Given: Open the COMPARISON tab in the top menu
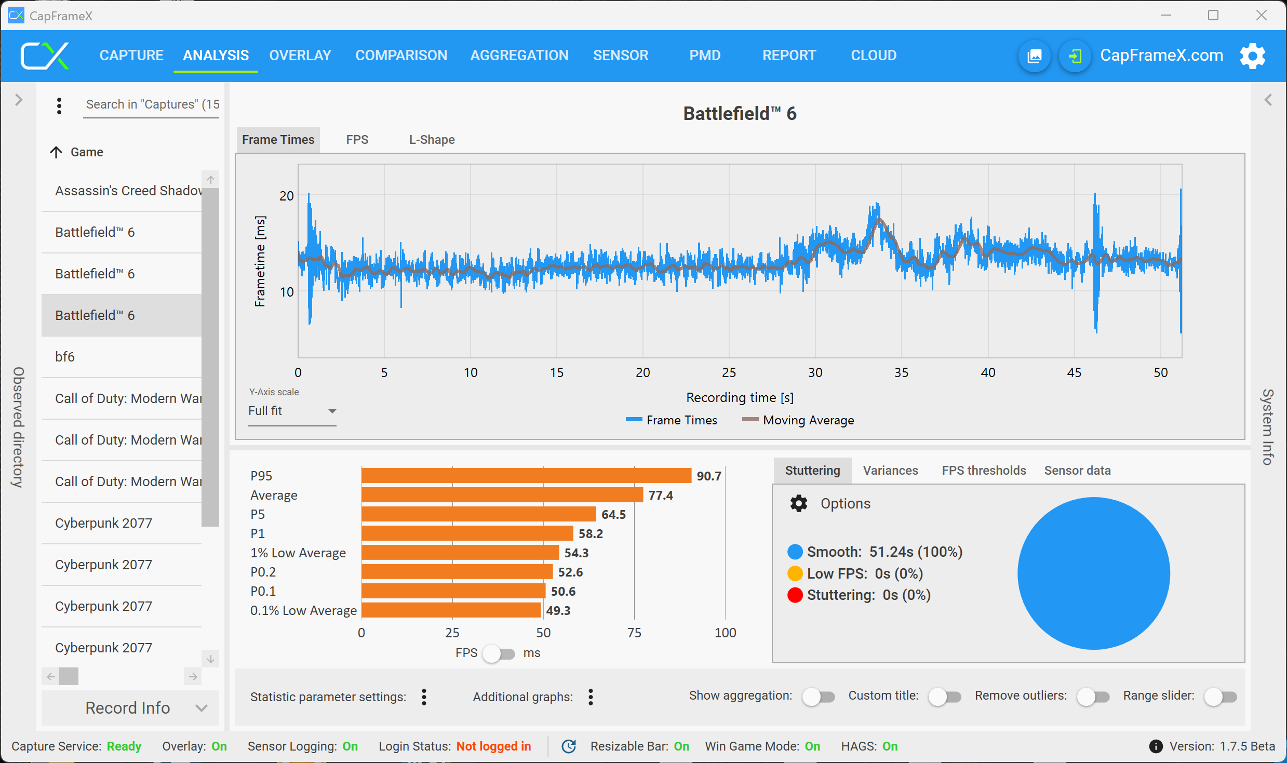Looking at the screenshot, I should coord(401,55).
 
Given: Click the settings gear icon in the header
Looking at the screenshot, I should coord(1252,56).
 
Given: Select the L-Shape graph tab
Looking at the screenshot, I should coord(432,139).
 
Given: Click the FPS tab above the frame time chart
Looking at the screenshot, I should coord(357,139).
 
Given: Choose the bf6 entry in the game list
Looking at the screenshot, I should coord(65,356).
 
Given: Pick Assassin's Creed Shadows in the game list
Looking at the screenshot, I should coord(128,190).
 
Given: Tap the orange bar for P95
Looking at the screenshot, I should coord(526,475).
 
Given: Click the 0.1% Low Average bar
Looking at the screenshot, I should coord(451,610).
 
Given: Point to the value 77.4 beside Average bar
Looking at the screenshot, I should coord(660,495).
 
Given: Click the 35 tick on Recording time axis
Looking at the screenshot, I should coord(901,372).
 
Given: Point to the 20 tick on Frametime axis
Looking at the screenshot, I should coord(286,196).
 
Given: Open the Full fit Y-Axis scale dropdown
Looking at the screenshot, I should coord(292,411).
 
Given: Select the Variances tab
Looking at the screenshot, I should coord(890,470).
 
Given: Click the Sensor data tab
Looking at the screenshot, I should coord(1077,470).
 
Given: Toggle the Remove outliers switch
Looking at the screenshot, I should coord(1093,697).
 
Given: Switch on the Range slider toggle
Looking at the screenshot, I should coord(1220,697).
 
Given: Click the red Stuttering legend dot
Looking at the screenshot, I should coord(795,595).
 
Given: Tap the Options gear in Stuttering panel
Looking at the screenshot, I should coord(799,503).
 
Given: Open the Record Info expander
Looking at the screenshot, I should coord(130,707).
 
